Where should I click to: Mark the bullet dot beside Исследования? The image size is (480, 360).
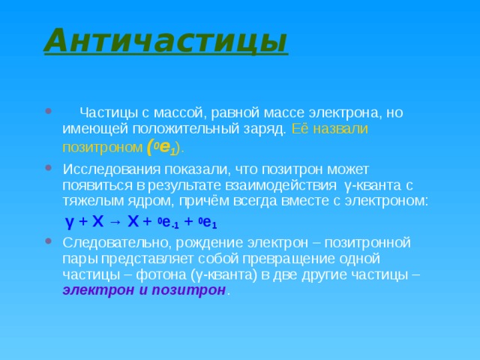pyautogui.click(x=49, y=166)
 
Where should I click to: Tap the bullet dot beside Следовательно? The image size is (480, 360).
pyautogui.click(x=49, y=242)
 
